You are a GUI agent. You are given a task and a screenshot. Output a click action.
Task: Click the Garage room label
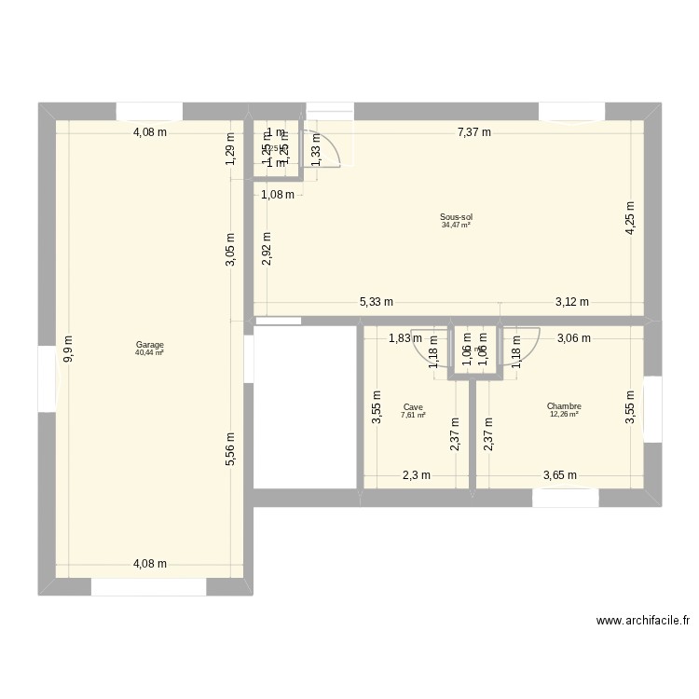click(x=149, y=345)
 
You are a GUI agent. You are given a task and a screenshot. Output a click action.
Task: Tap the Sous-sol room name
click(x=456, y=217)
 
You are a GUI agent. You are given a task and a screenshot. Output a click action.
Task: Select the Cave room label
click(x=413, y=406)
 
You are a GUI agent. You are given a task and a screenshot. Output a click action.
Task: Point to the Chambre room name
click(x=564, y=406)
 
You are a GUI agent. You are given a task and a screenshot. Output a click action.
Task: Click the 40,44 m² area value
click(x=149, y=353)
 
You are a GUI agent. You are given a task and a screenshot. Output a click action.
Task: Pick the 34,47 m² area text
click(x=456, y=225)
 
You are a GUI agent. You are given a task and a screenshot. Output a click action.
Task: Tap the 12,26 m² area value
click(x=564, y=414)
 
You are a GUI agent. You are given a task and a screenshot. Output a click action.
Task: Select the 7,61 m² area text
click(x=413, y=415)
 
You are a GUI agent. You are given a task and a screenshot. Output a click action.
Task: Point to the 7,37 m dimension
click(x=475, y=132)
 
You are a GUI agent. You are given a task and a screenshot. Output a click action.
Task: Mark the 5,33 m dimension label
click(x=377, y=302)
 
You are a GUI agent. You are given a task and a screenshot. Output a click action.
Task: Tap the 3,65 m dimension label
click(x=559, y=475)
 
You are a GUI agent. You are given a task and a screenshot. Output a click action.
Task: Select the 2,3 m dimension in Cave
click(x=416, y=475)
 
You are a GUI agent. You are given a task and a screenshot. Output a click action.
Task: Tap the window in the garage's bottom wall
click(x=148, y=587)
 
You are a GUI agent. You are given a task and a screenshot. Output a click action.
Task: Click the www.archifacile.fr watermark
click(x=643, y=621)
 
